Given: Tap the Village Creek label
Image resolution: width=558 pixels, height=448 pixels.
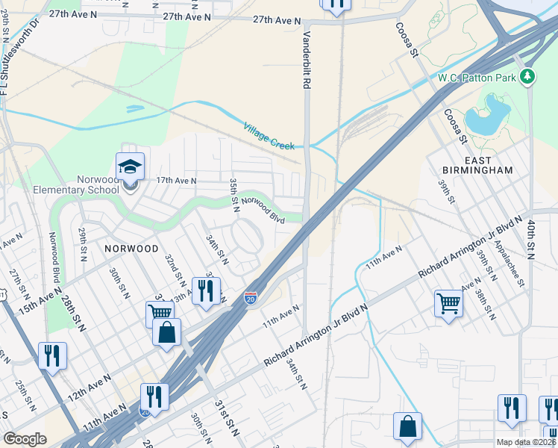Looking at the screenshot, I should [x=269, y=137].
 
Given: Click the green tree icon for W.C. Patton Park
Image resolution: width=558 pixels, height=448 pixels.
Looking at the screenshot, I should [x=528, y=76].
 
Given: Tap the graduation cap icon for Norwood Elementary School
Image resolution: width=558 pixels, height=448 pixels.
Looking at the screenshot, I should [x=130, y=166].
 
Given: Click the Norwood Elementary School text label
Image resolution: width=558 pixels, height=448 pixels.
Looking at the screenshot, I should [x=76, y=184].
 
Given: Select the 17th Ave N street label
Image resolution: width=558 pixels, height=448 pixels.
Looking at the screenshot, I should [x=176, y=181].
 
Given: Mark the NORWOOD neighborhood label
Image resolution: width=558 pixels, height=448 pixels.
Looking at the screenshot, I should [x=131, y=248].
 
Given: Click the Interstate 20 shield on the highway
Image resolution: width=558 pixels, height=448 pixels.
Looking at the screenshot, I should [x=252, y=299].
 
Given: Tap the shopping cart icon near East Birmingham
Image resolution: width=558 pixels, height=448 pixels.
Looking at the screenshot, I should [x=448, y=303].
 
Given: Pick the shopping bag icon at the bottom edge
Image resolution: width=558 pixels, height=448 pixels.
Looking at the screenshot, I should [x=407, y=426].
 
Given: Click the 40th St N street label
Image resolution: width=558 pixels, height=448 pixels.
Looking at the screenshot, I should [x=530, y=239].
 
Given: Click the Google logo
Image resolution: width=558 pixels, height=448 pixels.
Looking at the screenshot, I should [x=25, y=439].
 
